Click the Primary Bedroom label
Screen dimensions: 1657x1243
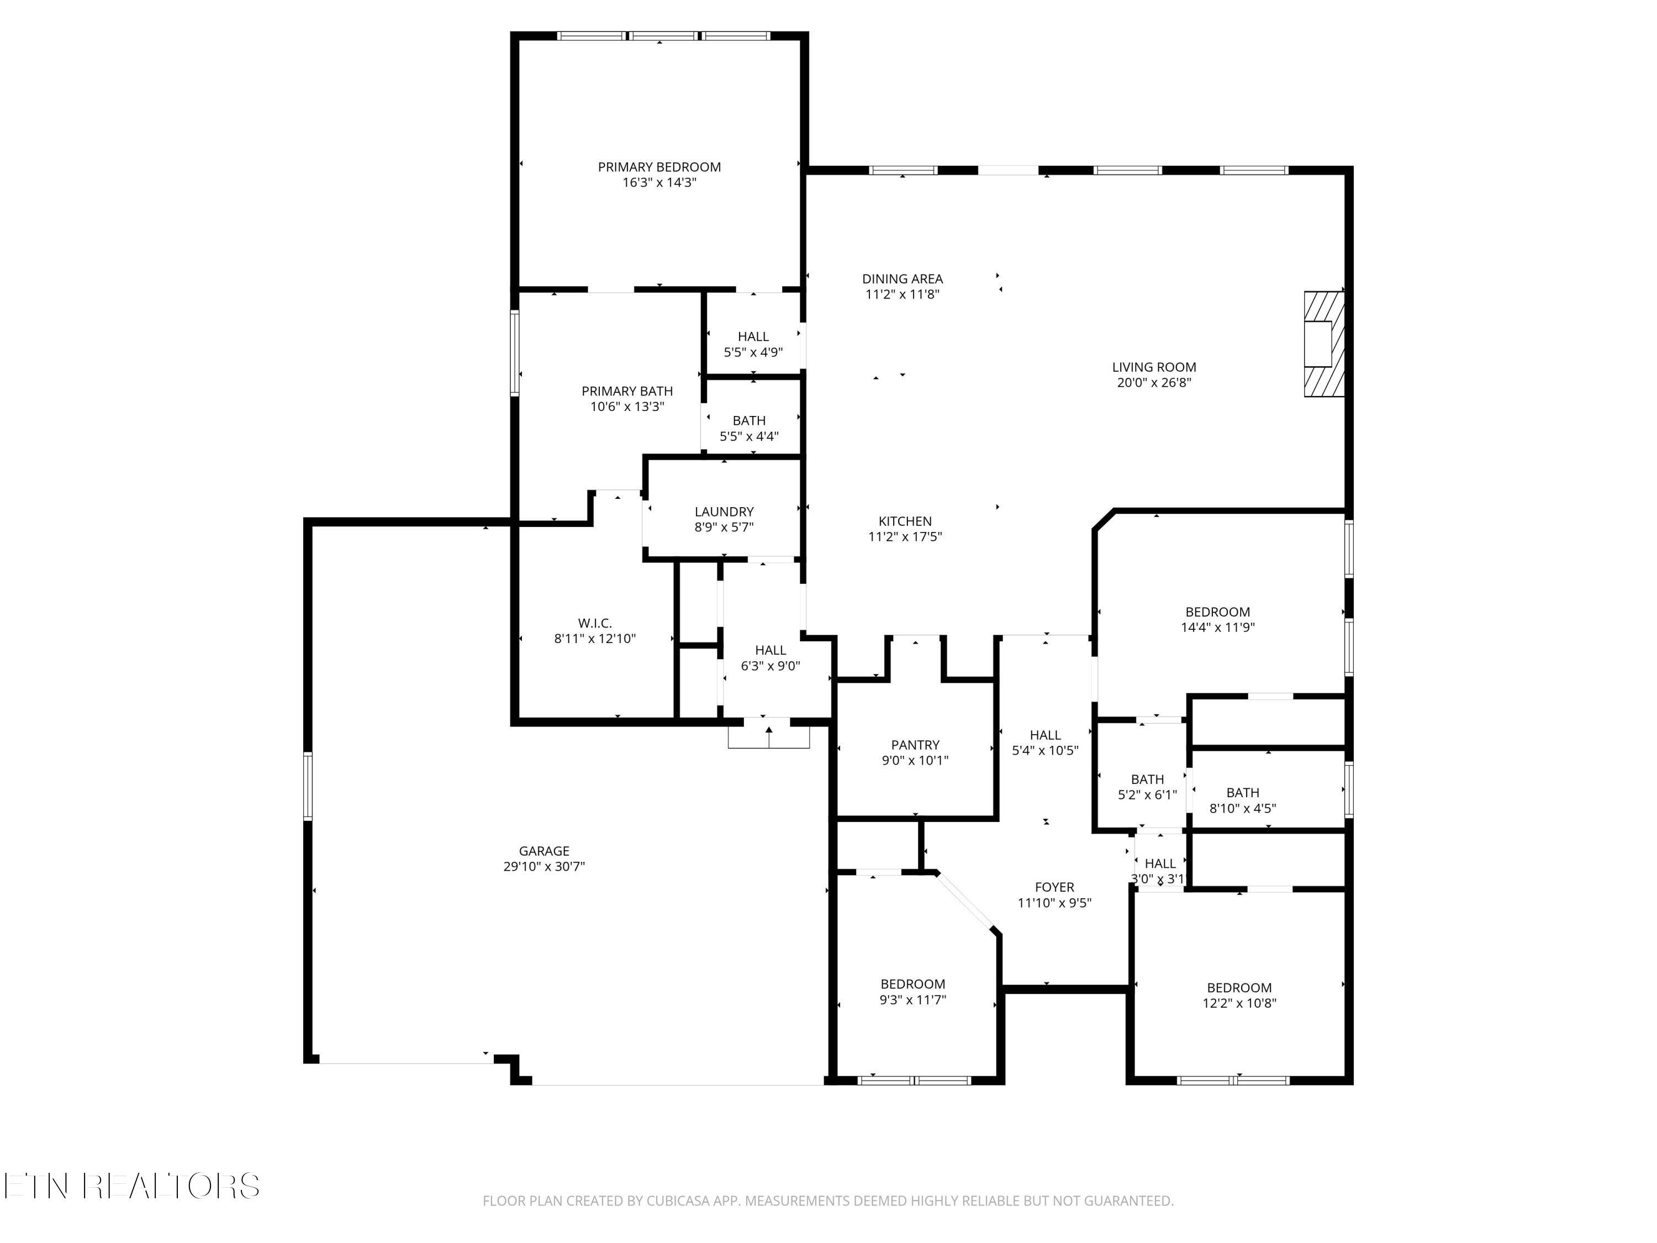pos(659,167)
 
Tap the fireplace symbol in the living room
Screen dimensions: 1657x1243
pos(1323,344)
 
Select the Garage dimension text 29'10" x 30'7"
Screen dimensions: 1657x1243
pos(544,867)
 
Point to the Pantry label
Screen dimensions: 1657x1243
pos(915,745)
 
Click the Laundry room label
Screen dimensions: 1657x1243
pos(724,512)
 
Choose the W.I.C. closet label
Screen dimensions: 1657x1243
pos(595,623)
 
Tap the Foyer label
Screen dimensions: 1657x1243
pos(1054,887)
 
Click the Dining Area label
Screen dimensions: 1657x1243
pos(902,279)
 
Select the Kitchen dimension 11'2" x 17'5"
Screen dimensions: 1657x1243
pos(905,536)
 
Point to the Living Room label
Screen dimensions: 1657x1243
pos(1154,367)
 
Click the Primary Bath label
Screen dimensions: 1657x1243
pos(627,391)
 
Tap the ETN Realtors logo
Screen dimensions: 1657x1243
pos(132,1186)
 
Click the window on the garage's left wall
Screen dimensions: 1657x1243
pos(308,786)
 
